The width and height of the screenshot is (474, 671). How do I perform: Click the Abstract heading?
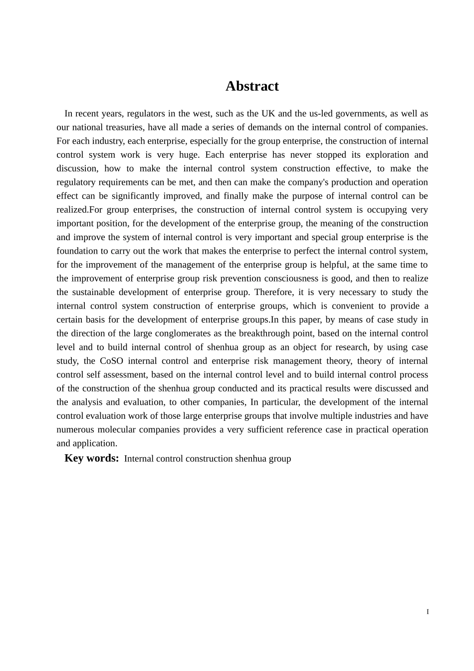(252, 86)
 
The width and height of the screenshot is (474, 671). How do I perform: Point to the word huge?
(189, 155)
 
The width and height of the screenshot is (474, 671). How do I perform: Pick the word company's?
(298, 182)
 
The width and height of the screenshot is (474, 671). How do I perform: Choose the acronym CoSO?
(111, 361)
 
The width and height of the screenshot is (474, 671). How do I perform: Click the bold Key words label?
(91, 458)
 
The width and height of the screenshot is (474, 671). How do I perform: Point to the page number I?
(428, 612)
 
